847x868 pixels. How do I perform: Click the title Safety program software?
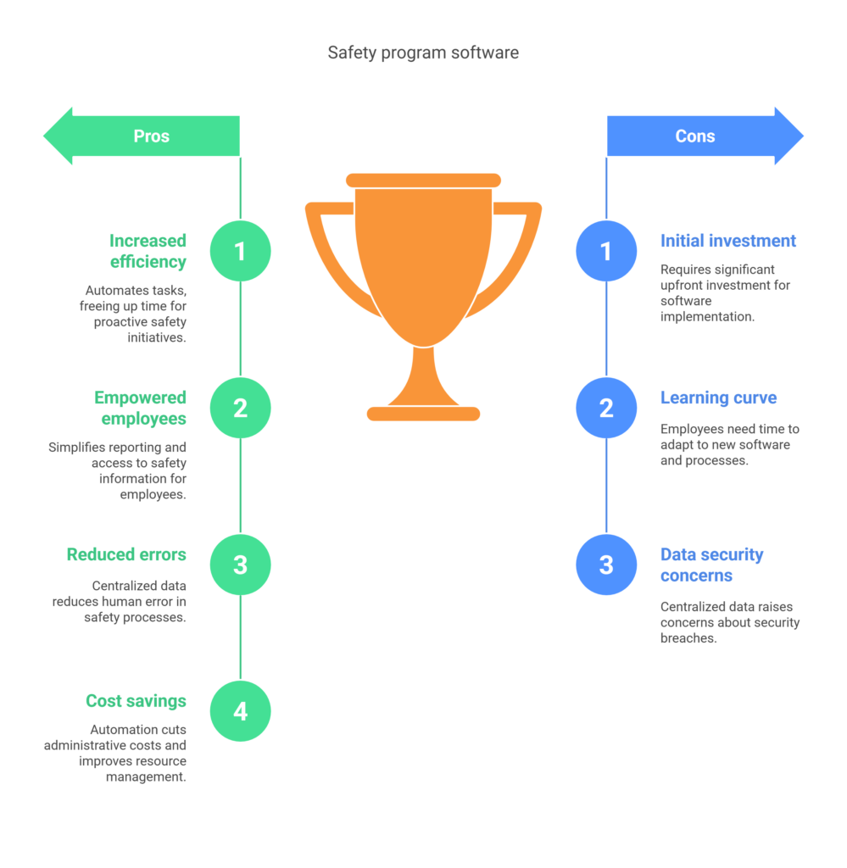pyautogui.click(x=423, y=53)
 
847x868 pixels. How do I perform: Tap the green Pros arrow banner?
pyautogui.click(x=142, y=136)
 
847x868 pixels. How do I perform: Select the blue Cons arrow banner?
pyautogui.click(x=705, y=136)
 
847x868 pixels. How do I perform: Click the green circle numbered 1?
pyautogui.click(x=240, y=251)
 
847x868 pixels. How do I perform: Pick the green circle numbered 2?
pyautogui.click(x=240, y=408)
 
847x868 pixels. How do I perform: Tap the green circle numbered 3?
pyautogui.click(x=240, y=565)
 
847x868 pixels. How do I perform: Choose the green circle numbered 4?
pyautogui.click(x=240, y=711)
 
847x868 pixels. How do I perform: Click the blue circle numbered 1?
pyautogui.click(x=606, y=251)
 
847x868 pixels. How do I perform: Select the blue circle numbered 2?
pyautogui.click(x=606, y=408)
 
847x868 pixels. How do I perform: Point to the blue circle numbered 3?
pyautogui.click(x=606, y=565)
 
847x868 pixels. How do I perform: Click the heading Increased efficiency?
pyautogui.click(x=148, y=251)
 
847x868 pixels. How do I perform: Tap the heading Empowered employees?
pyautogui.click(x=140, y=408)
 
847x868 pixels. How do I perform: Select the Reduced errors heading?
pyautogui.click(x=126, y=554)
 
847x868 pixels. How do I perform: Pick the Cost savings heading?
pyautogui.click(x=137, y=701)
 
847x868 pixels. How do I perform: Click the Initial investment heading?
pyautogui.click(x=728, y=241)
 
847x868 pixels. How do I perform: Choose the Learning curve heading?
pyautogui.click(x=719, y=398)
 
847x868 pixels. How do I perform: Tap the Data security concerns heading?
pyautogui.click(x=712, y=565)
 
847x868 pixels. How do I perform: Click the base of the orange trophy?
pyautogui.click(x=424, y=414)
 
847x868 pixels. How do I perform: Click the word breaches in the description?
pyautogui.click(x=688, y=638)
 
